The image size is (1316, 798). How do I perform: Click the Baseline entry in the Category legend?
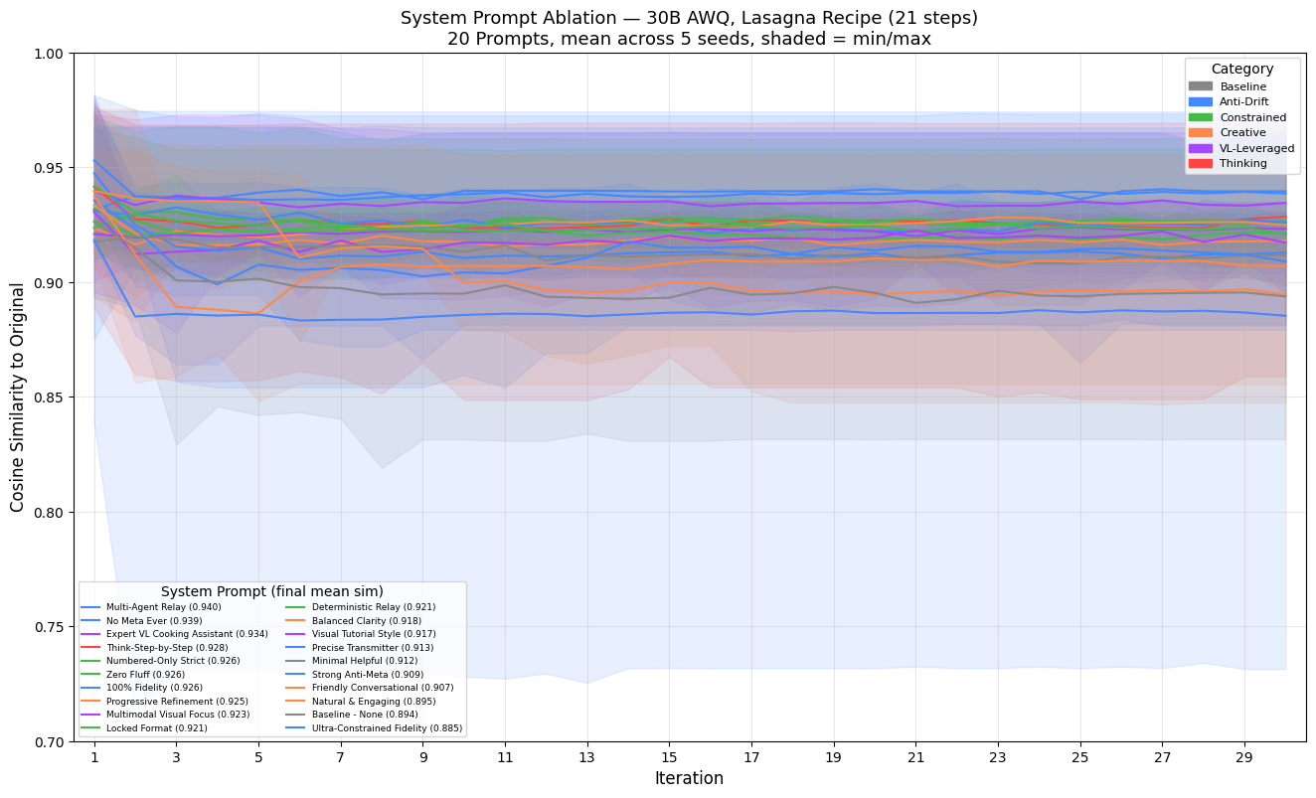point(1242,86)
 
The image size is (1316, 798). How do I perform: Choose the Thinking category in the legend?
point(1243,163)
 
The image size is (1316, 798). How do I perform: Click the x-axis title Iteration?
point(689,778)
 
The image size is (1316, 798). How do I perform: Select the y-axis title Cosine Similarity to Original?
point(18,398)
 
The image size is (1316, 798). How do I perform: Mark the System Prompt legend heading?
point(271,591)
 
